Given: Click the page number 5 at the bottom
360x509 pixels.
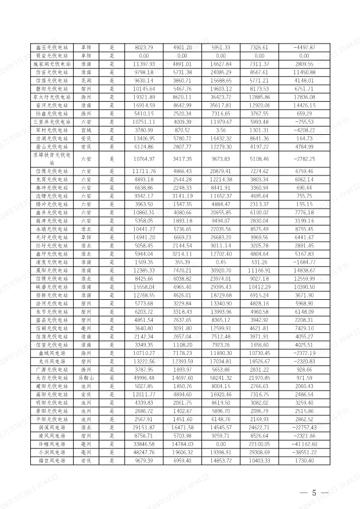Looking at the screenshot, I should (x=314, y=493).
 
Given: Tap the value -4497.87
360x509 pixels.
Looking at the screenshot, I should (x=303, y=47).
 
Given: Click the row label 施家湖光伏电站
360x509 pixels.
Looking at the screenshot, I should (x=52, y=64).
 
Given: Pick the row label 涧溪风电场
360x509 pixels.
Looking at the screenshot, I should (x=52, y=427).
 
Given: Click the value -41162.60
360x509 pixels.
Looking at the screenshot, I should (x=303, y=444).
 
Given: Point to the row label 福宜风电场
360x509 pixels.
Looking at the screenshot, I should (x=52, y=460).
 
